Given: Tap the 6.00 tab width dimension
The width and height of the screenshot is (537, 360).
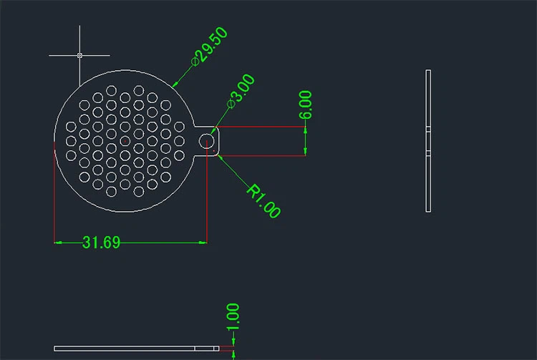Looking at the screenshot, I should (x=306, y=105).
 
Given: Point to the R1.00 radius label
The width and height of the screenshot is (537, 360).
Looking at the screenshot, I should (x=263, y=200).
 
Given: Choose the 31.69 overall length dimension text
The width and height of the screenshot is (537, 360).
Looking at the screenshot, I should (x=101, y=243).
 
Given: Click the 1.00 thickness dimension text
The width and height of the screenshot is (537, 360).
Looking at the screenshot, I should (x=232, y=317).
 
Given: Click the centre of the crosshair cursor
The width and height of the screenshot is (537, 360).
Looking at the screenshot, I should (x=79, y=55).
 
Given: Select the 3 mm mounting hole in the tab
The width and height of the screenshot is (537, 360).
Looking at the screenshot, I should (x=207, y=141).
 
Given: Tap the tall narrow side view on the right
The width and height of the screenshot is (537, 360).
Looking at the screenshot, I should (x=428, y=141).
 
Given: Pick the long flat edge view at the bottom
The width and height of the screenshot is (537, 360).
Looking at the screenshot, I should (x=136, y=349).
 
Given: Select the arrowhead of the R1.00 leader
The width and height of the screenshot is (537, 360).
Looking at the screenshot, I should (x=218, y=155).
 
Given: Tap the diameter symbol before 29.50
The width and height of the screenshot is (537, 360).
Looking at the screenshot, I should (x=194, y=63).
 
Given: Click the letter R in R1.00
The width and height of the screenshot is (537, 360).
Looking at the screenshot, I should (x=254, y=190).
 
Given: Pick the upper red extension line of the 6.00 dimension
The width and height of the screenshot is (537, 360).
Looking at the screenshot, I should (x=261, y=127).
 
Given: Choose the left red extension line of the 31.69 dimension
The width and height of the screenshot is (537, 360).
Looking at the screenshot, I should (x=55, y=193).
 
